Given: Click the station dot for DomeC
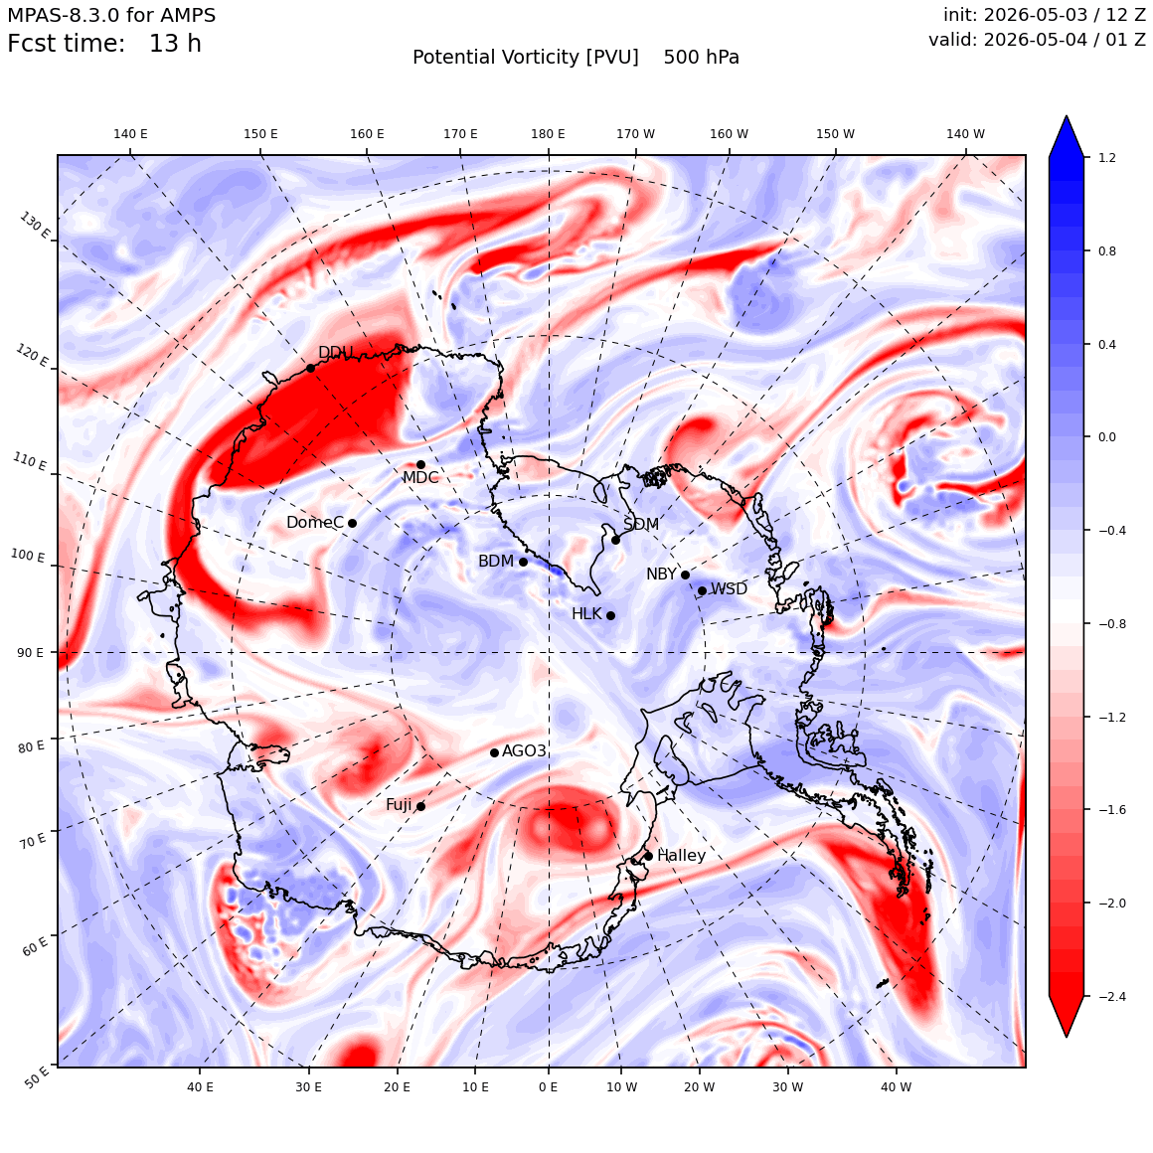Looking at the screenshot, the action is (x=352, y=524).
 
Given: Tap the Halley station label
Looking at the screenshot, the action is (x=682, y=855).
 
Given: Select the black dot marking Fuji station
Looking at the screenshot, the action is (x=420, y=807).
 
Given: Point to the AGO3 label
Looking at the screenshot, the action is (x=524, y=750).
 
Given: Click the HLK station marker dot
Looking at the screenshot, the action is (x=610, y=615).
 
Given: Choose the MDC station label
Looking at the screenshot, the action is (x=419, y=477).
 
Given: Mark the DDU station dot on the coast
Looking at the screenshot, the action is (x=310, y=368).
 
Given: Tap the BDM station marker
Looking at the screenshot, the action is (x=524, y=562).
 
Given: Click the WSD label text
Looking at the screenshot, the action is (x=729, y=589).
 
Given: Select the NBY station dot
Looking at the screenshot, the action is (x=685, y=576).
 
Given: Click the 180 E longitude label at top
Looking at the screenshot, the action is (x=548, y=134).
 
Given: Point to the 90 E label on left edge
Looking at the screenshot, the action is (x=30, y=652).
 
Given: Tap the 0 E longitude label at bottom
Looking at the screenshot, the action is (x=548, y=1086).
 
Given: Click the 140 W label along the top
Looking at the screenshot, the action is (x=965, y=134).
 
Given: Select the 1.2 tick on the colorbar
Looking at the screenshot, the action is (x=1106, y=158).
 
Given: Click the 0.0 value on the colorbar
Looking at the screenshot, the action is (x=1106, y=436).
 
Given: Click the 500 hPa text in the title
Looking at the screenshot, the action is (x=701, y=58).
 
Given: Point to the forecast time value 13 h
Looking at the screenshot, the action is (x=175, y=44).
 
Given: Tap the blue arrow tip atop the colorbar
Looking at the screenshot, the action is (x=1067, y=116).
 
